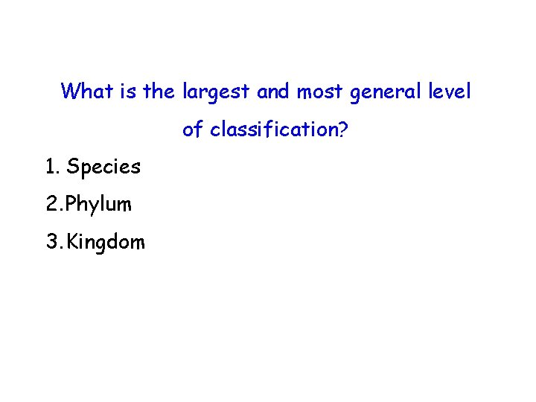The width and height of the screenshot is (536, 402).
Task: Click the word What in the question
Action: [83, 92]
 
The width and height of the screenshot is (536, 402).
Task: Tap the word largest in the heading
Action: [216, 93]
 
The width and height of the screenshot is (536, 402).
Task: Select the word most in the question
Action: [319, 92]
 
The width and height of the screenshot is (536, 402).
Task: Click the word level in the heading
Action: [450, 92]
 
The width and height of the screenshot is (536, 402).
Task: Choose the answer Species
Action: [103, 167]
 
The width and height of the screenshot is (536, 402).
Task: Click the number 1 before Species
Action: [50, 167]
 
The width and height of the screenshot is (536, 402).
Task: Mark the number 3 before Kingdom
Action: [51, 242]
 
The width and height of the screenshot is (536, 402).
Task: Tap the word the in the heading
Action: [158, 92]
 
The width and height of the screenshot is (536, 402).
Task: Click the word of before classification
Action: [193, 130]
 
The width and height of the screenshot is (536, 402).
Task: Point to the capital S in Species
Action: [73, 167]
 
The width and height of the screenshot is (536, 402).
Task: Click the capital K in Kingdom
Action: [71, 242]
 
